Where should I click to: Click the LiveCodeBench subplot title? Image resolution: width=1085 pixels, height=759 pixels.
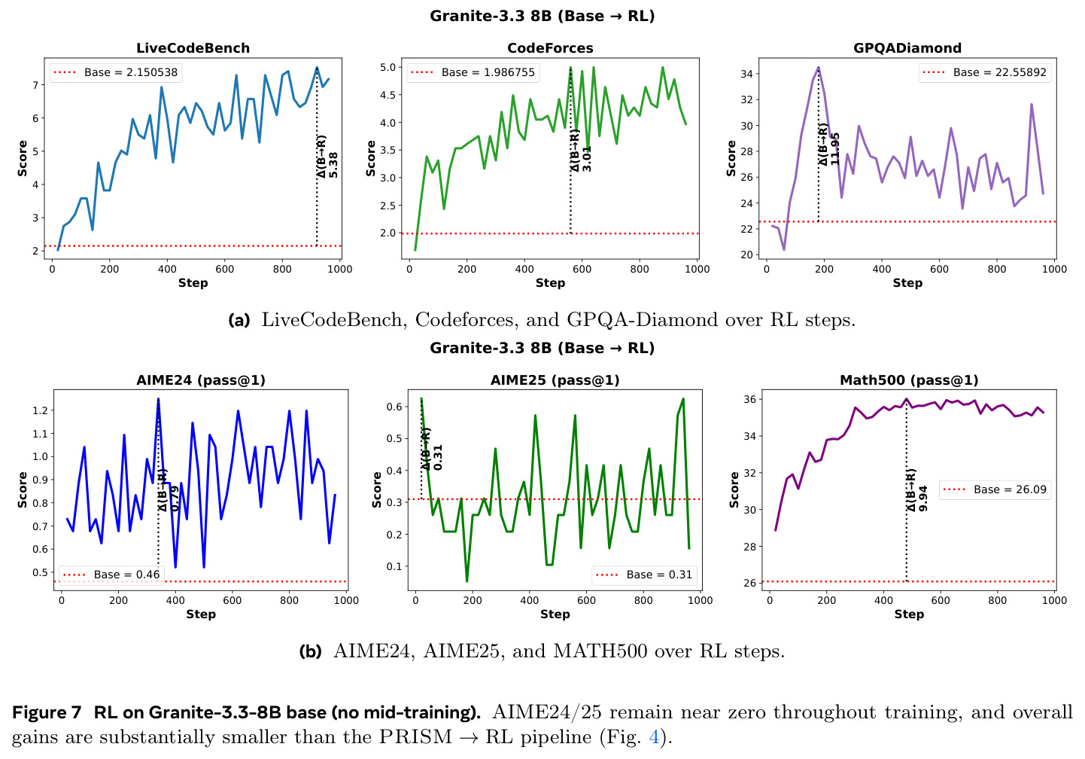tap(193, 48)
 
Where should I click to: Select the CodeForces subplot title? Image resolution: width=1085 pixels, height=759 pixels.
tap(550, 48)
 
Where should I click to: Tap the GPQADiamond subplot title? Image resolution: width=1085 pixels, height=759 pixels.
tap(907, 48)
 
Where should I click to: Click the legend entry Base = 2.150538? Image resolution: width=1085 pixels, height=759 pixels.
tap(116, 72)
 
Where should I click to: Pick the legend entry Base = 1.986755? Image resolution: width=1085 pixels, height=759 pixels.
tap(473, 72)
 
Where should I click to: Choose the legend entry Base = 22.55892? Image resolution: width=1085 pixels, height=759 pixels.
tap(985, 72)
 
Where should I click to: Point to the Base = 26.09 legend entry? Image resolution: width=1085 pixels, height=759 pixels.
tap(995, 489)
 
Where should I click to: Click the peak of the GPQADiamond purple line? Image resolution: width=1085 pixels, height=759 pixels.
tap(818, 67)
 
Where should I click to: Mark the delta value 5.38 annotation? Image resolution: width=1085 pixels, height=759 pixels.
tap(333, 165)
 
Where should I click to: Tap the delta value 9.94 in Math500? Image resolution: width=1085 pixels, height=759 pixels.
tap(923, 498)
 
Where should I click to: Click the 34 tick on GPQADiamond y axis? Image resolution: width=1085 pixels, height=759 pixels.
tap(746, 74)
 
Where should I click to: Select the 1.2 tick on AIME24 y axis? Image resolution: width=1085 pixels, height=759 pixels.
tap(40, 410)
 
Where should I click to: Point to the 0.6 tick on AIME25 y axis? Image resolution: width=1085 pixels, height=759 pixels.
tap(395, 407)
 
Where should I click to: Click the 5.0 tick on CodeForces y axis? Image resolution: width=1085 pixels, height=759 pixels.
tap(387, 67)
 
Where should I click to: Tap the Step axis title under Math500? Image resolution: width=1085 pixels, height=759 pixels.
tap(909, 614)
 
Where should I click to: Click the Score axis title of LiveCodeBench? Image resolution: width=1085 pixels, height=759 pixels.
tap(23, 158)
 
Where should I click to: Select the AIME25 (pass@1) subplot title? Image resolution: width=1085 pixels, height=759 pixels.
tap(555, 380)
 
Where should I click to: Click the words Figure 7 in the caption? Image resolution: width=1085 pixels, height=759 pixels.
tap(47, 712)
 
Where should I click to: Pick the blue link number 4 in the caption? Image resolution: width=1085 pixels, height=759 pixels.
tap(654, 736)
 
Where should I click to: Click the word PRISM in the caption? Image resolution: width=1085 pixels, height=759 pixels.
tap(415, 736)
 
